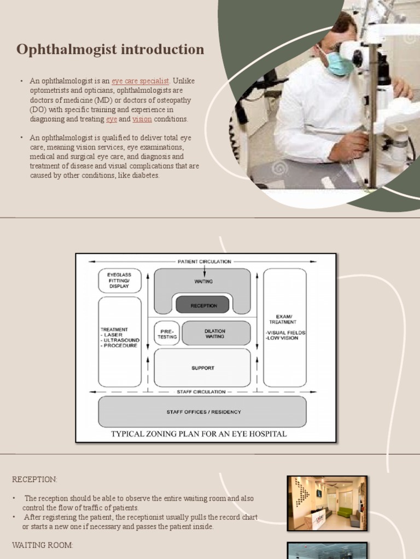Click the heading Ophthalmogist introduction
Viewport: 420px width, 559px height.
click(110, 50)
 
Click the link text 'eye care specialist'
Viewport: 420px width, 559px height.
click(141, 81)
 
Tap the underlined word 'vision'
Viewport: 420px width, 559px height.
click(142, 119)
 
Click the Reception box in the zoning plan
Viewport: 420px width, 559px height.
click(203, 306)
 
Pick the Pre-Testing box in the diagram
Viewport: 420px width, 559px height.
click(167, 334)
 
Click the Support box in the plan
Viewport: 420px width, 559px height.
click(203, 368)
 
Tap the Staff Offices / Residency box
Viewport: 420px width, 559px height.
click(203, 412)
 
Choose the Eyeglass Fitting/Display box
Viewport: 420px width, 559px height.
click(119, 281)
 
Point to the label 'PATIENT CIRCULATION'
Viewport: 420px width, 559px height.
click(204, 261)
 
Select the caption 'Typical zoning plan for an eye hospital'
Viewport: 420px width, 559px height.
click(199, 434)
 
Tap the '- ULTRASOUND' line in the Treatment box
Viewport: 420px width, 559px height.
click(120, 340)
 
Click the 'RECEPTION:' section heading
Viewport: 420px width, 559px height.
click(34, 479)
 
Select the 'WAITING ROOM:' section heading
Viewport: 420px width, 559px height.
click(42, 545)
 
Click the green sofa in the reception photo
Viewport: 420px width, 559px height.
click(344, 512)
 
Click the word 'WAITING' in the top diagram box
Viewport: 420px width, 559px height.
click(203, 281)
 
